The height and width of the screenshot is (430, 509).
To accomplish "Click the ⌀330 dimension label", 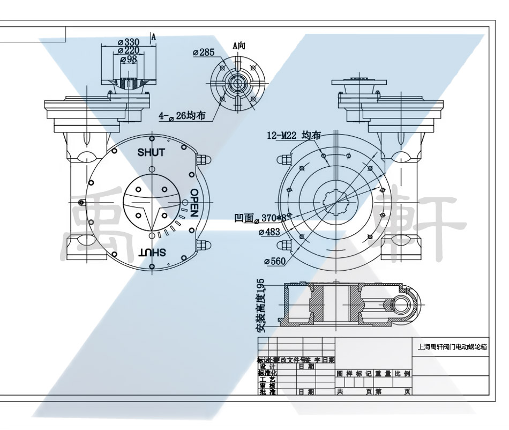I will point(129,42).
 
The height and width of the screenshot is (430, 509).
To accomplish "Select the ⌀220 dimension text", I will point(129,50).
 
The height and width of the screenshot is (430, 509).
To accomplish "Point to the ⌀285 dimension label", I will point(203,52).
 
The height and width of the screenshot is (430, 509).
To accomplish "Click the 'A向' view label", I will point(238,46).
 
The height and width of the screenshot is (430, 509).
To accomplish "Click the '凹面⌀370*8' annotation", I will point(260,219).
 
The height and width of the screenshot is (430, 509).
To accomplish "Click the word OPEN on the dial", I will point(194,203).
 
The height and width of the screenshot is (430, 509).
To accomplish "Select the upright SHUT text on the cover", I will point(151,152).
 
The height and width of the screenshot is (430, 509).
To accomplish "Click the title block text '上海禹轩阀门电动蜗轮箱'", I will point(452,347).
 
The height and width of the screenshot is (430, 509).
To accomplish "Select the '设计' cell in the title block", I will point(267,366).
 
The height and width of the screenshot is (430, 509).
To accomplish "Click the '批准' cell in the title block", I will point(267,392).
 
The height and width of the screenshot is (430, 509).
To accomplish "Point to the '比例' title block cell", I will point(403,373).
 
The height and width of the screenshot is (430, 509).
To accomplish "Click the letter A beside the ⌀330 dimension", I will point(154,36).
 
